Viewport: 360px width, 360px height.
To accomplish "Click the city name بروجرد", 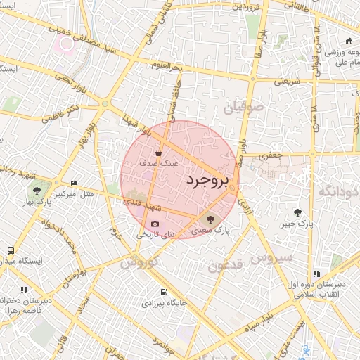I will click(208, 181).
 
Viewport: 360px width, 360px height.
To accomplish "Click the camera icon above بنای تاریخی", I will click(155, 224).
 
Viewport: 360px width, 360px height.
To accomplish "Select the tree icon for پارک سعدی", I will click(212, 220).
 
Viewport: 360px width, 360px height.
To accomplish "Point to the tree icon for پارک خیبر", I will click(298, 212).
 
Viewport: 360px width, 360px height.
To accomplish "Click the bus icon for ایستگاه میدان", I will click(11, 250).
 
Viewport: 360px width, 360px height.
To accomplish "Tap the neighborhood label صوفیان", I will click(244, 108).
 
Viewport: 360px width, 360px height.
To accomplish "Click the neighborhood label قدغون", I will click(227, 266).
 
